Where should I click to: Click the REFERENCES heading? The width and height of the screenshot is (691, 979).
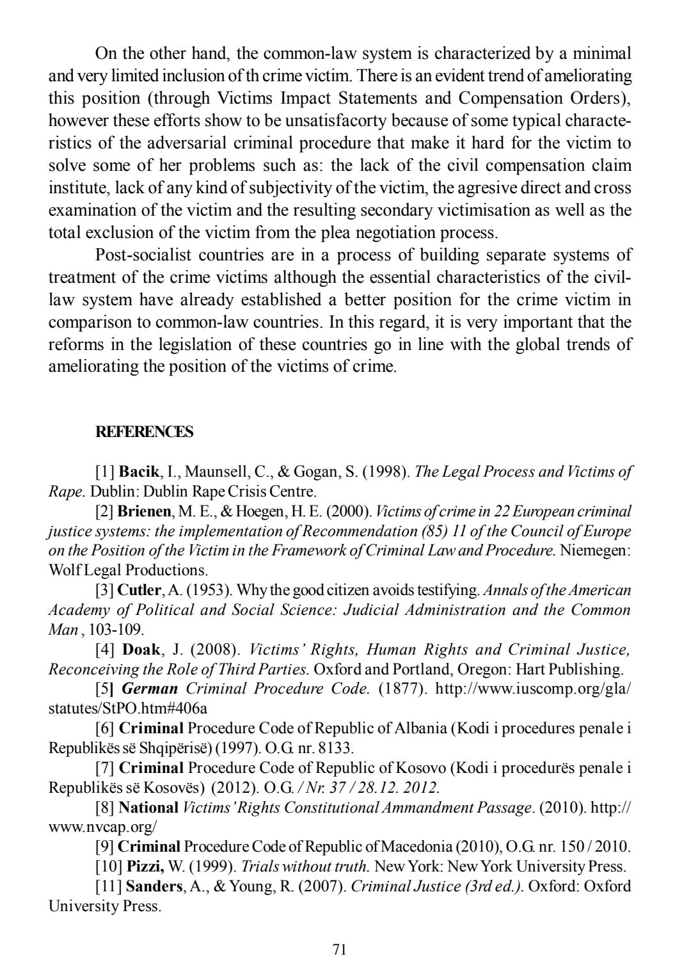[144, 433]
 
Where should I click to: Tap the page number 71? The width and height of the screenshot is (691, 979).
[340, 949]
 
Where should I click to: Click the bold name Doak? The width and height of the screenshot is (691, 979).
[141, 650]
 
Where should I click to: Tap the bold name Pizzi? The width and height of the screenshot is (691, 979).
[145, 867]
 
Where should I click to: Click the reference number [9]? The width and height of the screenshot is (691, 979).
[105, 847]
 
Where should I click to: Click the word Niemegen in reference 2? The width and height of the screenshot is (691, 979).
[595, 550]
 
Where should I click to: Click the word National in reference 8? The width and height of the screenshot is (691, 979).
[148, 808]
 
